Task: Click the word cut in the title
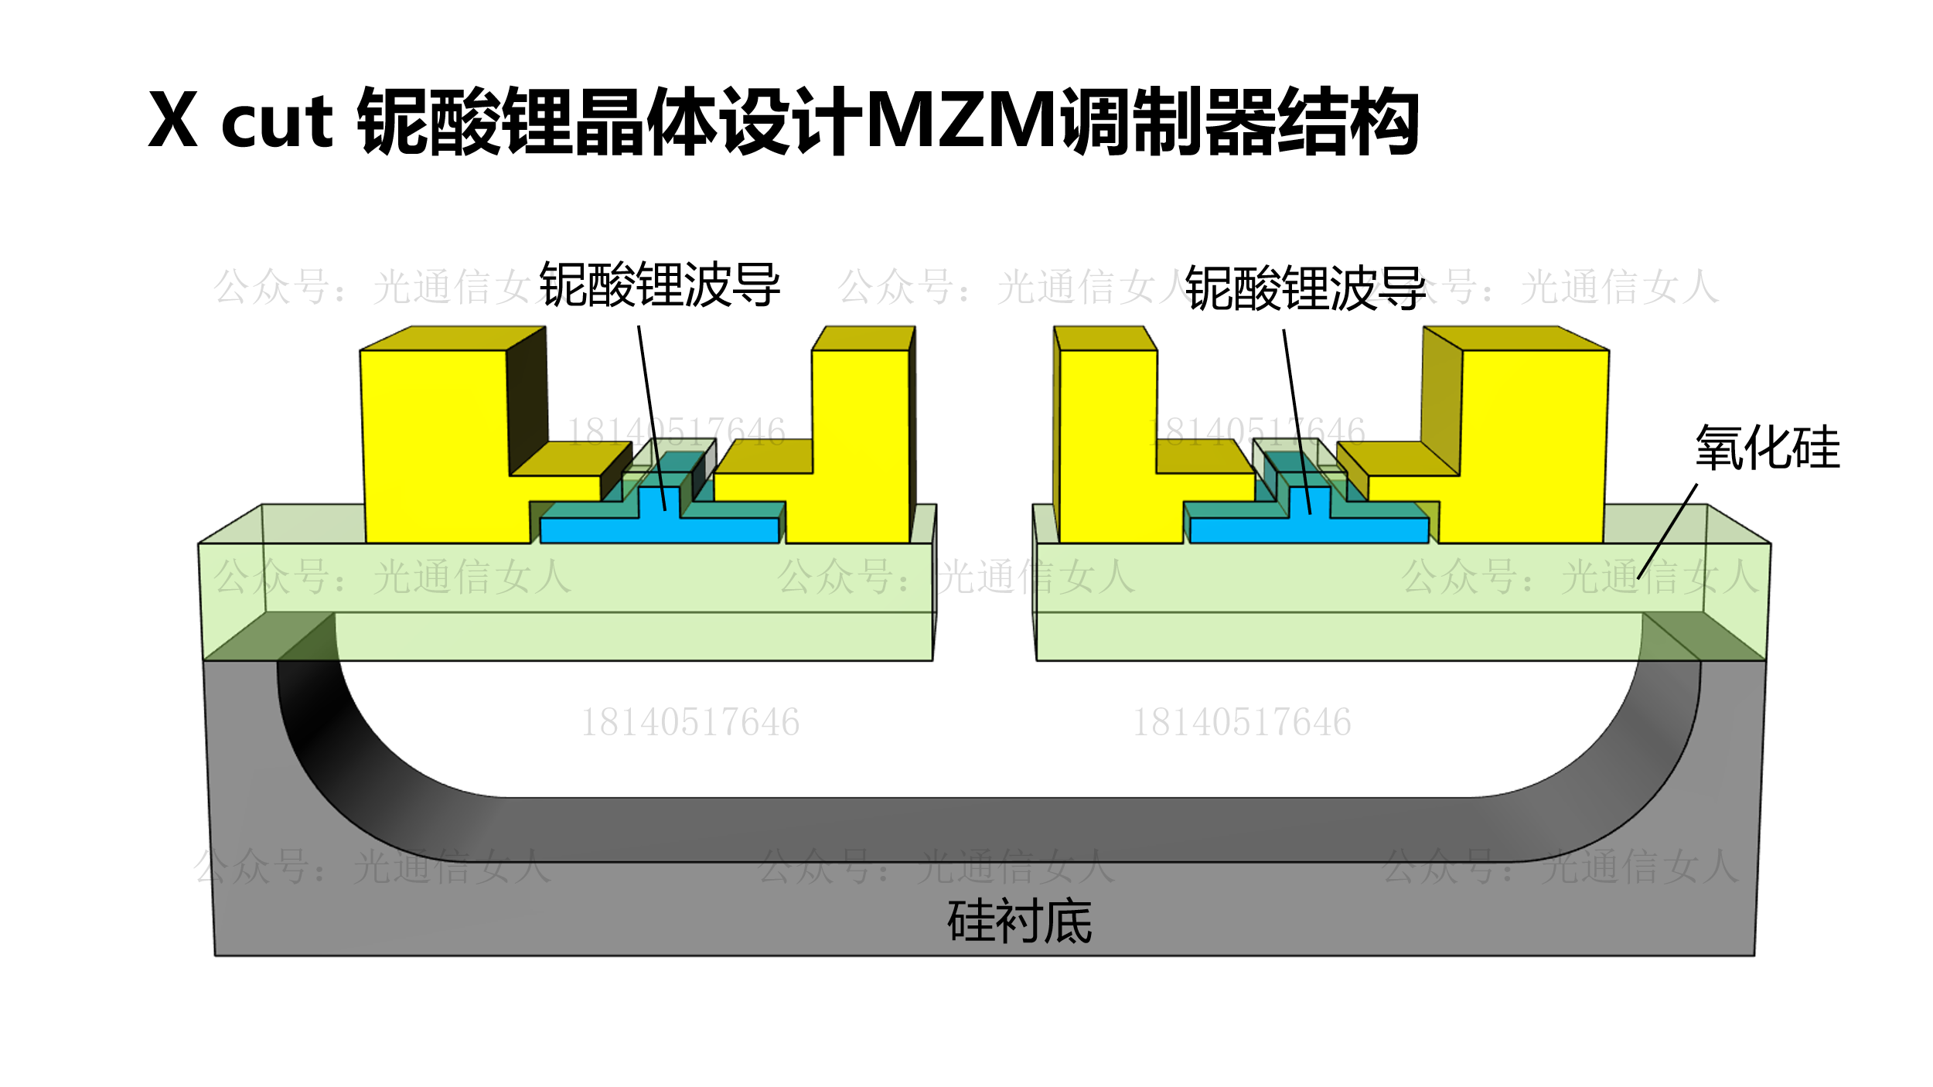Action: pos(277,124)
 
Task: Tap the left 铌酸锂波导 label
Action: pos(660,285)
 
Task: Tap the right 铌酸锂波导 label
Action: pos(1305,288)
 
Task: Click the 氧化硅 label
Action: pos(1768,448)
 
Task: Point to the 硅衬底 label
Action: pos(1020,922)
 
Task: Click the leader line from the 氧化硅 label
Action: pos(1667,532)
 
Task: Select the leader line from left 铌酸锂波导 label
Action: pos(651,417)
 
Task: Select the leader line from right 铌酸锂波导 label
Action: pos(1297,421)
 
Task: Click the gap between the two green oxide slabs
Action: pos(984,588)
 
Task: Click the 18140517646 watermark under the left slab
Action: pos(690,723)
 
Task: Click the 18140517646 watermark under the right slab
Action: pos(1242,723)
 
